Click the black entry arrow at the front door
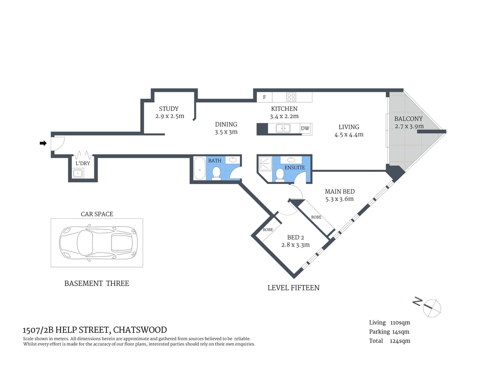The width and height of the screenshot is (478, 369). tap(43, 143)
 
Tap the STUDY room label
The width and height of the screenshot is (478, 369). tap(169, 109)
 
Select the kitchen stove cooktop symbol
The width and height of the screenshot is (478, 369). tap(291, 97)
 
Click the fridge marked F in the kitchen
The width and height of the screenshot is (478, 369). tap(265, 97)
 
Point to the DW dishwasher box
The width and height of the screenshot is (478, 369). tap(305, 128)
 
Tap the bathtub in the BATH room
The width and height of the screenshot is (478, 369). tap(199, 168)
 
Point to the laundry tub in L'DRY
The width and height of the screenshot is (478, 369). tap(78, 173)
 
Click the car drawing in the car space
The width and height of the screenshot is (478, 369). tap(97, 243)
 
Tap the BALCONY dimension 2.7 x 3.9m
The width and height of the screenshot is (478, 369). tap(408, 126)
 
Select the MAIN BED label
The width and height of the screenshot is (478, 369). tap(339, 192)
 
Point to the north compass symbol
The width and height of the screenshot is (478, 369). tap(431, 307)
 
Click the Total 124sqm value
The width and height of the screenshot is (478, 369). tap(399, 341)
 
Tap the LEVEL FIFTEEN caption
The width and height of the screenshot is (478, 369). tap(293, 288)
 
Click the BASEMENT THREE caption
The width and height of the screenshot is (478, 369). tap(96, 283)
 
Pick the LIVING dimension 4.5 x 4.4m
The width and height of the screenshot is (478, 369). tap(349, 134)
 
